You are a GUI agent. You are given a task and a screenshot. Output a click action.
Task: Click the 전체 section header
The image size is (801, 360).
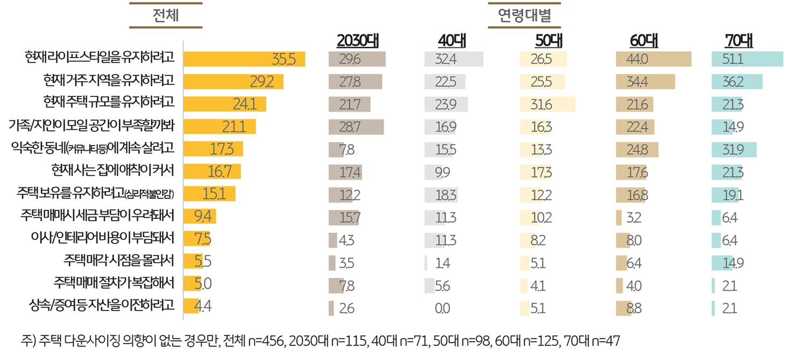165,16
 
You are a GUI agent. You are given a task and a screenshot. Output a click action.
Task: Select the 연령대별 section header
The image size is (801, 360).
525,16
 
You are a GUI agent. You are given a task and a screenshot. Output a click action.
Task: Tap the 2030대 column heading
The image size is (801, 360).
357,40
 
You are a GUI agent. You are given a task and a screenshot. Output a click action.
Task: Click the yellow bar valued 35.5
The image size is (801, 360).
244,59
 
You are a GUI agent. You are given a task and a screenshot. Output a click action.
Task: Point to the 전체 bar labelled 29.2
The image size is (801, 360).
233,82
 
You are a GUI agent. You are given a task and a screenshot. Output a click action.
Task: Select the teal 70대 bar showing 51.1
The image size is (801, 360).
747,59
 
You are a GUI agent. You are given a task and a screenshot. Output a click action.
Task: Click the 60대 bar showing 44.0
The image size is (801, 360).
654,59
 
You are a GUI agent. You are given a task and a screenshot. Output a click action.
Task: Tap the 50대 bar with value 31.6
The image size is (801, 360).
547,104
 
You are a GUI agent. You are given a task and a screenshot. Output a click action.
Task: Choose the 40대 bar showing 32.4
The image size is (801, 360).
454,59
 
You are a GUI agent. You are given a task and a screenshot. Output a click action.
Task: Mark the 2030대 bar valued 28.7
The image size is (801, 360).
356,127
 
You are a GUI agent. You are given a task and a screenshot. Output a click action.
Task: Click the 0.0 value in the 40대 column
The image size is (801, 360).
444,308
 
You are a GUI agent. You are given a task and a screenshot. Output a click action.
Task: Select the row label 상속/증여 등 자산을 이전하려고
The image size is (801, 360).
102,306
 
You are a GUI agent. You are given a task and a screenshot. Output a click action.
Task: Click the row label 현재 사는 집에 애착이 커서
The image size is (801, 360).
113,171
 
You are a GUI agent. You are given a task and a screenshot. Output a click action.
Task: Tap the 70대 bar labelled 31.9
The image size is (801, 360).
734,150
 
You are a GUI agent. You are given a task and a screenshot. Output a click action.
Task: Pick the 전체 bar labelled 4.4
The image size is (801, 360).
192,306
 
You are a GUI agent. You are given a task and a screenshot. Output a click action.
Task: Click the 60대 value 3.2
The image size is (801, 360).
634,218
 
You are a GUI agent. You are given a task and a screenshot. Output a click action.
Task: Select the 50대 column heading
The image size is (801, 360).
549,40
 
